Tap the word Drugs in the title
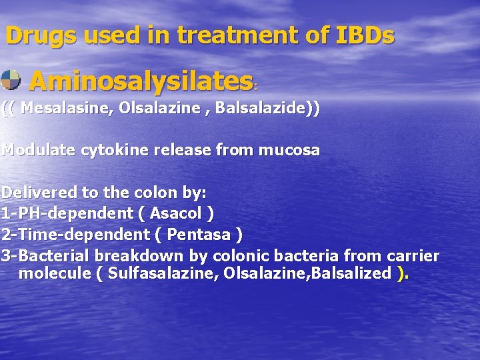tap(39, 35)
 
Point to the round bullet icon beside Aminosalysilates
tap(10, 80)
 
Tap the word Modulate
tap(39, 150)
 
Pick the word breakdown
tap(141, 256)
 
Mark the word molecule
tap(55, 273)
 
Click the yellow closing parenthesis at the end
tap(401, 273)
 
